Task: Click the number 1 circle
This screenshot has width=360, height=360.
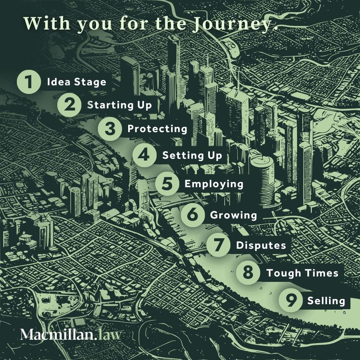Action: (29, 82)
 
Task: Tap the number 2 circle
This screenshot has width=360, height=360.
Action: (70, 105)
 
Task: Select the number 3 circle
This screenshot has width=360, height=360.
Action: (110, 129)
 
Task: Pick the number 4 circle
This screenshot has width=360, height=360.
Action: (144, 156)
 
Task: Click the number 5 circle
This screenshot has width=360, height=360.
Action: (167, 184)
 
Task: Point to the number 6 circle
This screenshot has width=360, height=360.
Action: (193, 215)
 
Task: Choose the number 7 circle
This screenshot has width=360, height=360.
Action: (219, 245)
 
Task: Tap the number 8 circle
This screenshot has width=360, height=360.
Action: (248, 273)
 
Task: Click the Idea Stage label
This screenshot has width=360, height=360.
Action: (77, 82)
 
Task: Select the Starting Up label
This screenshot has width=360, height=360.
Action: (120, 105)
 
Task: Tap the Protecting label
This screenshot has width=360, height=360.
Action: (157, 129)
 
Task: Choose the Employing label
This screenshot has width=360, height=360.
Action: (214, 184)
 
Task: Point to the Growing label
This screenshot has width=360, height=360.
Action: (233, 215)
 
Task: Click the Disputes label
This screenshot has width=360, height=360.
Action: (261, 245)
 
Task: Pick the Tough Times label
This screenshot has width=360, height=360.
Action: (302, 273)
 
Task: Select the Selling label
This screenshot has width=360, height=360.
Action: (326, 301)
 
